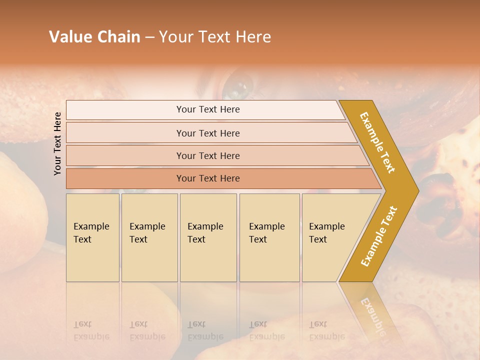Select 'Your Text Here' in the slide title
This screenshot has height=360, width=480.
coord(215,37)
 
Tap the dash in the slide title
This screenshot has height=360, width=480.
coord(149,37)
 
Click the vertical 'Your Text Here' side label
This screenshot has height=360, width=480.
coord(57,143)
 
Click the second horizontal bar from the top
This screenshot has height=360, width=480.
coord(208,133)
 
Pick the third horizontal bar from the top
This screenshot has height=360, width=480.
coord(208,155)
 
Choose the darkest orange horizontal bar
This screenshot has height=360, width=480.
coord(208,178)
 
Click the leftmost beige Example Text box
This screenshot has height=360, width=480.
coord(92,237)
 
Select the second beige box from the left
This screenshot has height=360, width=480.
coord(149,237)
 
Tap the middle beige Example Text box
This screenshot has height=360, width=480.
coord(208,237)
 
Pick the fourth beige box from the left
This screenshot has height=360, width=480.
coord(269,237)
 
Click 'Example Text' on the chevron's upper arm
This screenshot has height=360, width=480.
coord(378,142)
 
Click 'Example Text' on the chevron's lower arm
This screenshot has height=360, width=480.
coord(379,236)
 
